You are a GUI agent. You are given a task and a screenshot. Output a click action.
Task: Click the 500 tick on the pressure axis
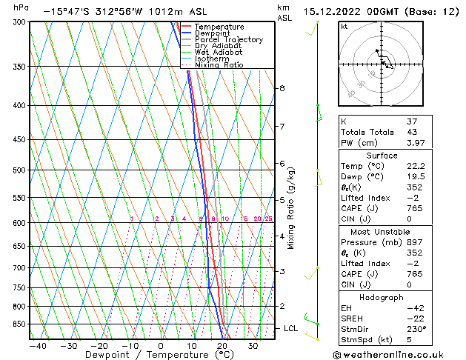17,170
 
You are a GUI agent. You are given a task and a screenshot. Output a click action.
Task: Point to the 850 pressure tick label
17,324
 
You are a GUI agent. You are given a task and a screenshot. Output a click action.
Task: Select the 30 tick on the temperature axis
253,345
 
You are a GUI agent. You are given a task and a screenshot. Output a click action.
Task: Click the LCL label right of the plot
291,328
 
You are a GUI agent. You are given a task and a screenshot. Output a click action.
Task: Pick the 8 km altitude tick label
282,88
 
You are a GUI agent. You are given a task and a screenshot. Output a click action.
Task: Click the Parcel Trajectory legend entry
228,39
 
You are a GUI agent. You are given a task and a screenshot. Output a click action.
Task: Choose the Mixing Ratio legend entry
219,64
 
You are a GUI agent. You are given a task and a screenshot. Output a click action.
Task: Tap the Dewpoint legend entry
214,33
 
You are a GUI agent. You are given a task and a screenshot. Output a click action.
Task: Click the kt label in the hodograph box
344,26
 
